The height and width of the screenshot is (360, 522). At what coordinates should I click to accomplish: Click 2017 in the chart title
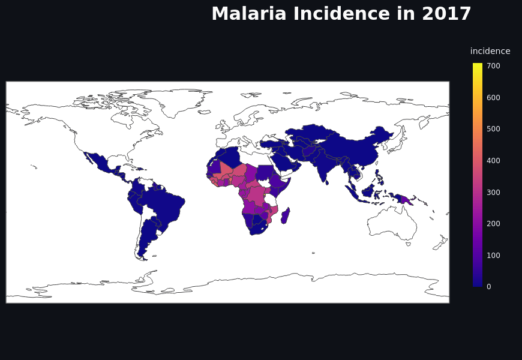[446, 14]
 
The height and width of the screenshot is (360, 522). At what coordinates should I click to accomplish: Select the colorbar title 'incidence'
[490, 51]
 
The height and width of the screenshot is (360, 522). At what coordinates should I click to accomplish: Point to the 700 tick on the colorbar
[493, 66]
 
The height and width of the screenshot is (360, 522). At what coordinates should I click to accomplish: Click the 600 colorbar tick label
[493, 97]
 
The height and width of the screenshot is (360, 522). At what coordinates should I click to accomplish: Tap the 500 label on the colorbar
[493, 129]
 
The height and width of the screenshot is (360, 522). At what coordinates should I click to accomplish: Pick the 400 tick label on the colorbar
[493, 161]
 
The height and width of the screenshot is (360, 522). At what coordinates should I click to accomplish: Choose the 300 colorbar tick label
[493, 192]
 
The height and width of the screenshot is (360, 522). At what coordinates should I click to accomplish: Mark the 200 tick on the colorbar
[493, 224]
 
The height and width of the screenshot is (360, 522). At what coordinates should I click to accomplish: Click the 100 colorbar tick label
[493, 255]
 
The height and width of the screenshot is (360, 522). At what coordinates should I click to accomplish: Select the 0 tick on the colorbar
[488, 287]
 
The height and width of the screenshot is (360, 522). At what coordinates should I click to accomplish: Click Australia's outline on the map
[393, 225]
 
